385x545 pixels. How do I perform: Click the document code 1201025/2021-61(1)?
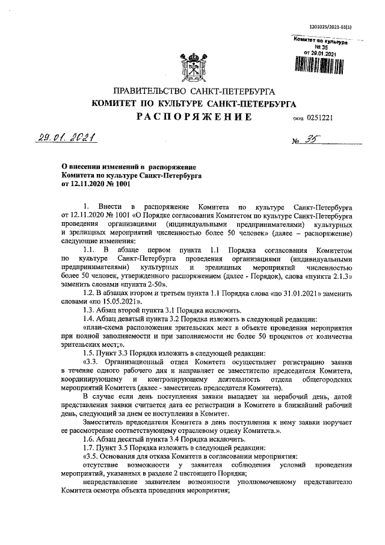tap(329, 27)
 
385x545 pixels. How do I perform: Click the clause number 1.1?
tap(90, 248)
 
